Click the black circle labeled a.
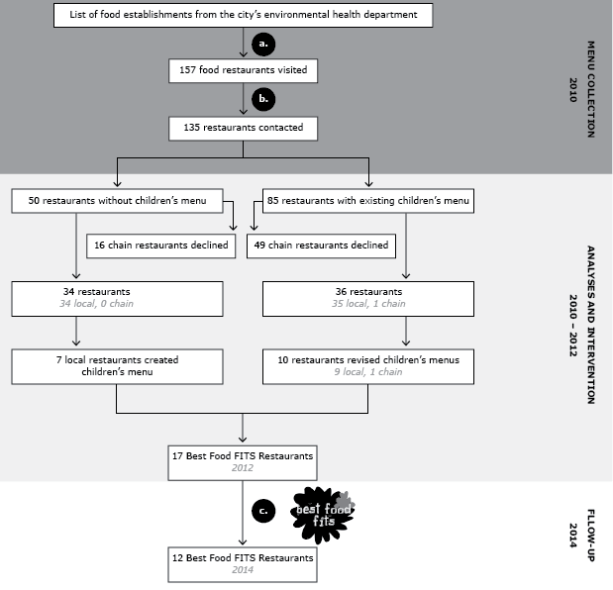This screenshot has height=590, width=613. coord(262,45)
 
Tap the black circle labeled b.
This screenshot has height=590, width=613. coord(262,100)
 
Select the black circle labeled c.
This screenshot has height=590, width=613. coord(262,512)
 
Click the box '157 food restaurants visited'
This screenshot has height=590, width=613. coord(244,71)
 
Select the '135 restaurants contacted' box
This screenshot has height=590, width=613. coord(244,127)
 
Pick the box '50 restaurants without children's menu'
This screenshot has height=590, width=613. coord(118,202)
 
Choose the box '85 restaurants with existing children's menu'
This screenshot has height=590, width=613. coord(366,202)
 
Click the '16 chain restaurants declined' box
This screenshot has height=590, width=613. coord(161,245)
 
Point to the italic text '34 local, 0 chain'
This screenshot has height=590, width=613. coord(96,305)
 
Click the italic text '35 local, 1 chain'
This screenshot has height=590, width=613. coord(368,305)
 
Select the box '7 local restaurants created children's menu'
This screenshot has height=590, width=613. coord(118,365)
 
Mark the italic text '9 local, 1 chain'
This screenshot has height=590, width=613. coord(368,371)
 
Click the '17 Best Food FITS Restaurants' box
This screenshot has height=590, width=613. coord(244,460)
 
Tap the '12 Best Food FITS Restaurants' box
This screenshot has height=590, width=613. coord(244,563)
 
